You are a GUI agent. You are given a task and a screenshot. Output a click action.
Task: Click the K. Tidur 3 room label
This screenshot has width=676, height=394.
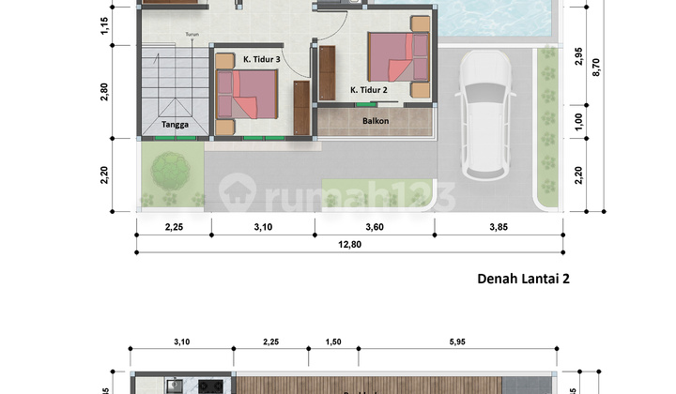click(262, 59)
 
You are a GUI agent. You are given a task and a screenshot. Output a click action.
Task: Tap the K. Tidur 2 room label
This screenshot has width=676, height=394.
click(369, 90)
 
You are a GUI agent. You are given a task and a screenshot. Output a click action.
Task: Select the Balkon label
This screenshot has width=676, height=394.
click(376, 120)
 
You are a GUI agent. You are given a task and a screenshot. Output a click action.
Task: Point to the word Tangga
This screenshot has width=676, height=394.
click(172, 125)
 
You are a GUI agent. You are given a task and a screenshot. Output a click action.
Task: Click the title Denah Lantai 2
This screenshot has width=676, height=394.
click(523, 278)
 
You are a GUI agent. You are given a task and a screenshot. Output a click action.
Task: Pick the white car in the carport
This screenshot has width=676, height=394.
click(484, 113)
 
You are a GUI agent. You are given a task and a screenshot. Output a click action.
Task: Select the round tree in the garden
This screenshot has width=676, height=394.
click(171, 171)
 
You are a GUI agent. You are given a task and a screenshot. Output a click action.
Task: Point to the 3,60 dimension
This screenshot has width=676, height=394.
click(376, 226)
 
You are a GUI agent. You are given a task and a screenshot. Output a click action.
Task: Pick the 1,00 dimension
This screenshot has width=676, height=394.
click(579, 121)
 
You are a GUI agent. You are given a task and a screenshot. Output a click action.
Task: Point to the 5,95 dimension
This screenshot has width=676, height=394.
click(457, 341)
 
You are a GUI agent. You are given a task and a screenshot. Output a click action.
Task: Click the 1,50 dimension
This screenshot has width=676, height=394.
click(334, 341)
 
